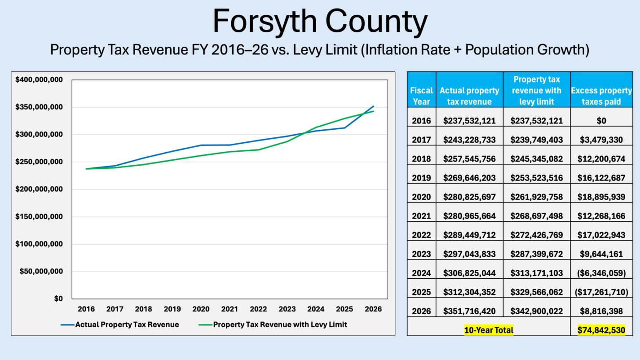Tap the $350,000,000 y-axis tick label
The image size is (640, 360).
click(x=39, y=107)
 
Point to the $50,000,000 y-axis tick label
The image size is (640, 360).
click(x=40, y=272)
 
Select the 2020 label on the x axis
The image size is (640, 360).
click(x=201, y=309)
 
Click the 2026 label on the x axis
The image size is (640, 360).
click(x=373, y=309)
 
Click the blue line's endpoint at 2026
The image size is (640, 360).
click(x=373, y=106)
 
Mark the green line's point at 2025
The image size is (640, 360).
click(x=344, y=119)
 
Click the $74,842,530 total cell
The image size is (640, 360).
click(x=601, y=330)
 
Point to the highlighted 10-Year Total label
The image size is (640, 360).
click(x=489, y=330)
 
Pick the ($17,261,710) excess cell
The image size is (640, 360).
click(x=601, y=292)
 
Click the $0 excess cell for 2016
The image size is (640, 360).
click(x=601, y=121)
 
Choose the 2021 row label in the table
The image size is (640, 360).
click(x=421, y=216)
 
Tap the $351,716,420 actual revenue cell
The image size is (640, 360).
click(x=469, y=311)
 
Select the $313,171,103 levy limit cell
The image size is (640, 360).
click(x=537, y=273)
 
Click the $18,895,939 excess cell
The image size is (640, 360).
click(x=601, y=197)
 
